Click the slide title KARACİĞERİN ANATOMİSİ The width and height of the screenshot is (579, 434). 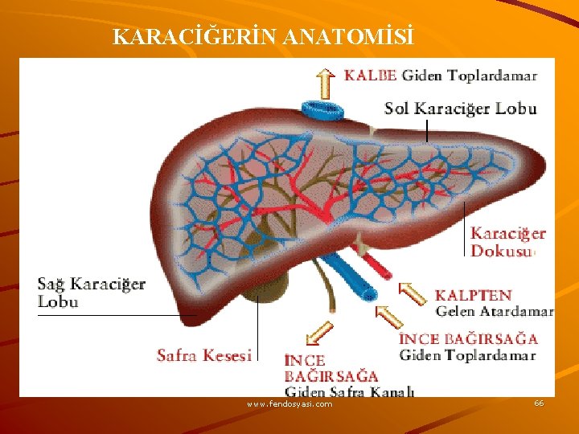click(264, 37)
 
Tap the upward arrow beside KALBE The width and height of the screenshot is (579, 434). click(324, 81)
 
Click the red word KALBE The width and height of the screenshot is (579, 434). click(371, 76)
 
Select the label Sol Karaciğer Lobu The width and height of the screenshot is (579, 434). click(460, 108)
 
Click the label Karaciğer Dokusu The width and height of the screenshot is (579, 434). click(507, 242)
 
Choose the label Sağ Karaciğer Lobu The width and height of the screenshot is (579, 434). click(91, 293)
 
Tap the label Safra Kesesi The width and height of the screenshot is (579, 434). click(204, 354)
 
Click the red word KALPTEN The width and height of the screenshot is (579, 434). click(473, 295)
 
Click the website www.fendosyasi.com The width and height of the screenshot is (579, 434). click(289, 404)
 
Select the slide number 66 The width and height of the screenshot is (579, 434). click(538, 403)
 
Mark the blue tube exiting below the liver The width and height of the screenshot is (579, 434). click(354, 278)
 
